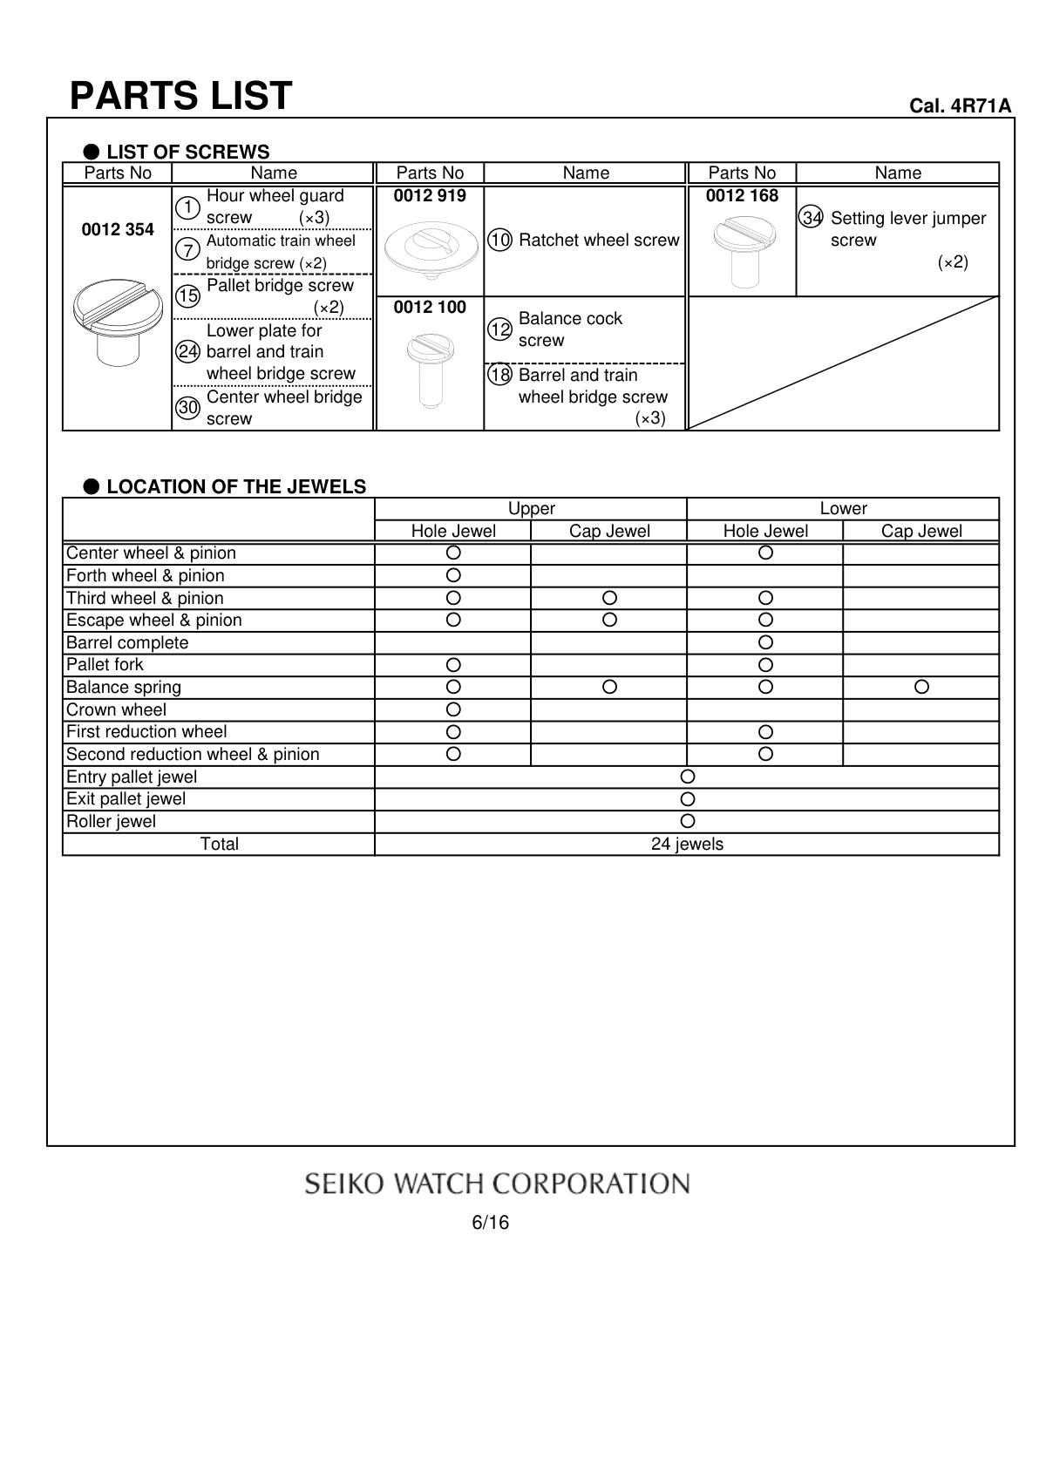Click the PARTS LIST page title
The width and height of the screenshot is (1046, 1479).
point(180,96)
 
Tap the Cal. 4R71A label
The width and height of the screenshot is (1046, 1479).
point(960,106)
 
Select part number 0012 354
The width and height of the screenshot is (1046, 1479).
point(118,229)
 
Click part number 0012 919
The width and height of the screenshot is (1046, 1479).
point(430,196)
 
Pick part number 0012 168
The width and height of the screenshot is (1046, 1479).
point(742,196)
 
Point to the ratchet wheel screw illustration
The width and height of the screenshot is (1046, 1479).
point(431,248)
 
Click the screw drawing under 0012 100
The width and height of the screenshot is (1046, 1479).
point(429,370)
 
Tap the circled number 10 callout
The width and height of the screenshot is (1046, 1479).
point(499,241)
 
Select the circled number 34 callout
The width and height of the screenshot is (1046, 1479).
point(811,218)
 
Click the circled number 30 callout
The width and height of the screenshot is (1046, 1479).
point(188,408)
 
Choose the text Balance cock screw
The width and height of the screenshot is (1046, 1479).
point(570,329)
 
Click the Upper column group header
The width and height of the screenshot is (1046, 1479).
point(531,509)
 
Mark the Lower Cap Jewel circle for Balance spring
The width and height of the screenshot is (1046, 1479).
point(921,687)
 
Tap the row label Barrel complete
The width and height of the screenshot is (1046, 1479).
point(127,643)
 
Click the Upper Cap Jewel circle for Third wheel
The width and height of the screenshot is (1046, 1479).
point(609,598)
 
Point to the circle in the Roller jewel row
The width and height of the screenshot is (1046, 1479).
point(687,821)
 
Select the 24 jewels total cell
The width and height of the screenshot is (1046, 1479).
point(687,845)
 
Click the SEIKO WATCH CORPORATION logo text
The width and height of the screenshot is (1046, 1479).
point(497,1184)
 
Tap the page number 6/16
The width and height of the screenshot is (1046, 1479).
point(490,1223)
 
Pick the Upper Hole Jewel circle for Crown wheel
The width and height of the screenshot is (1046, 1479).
point(453,709)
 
